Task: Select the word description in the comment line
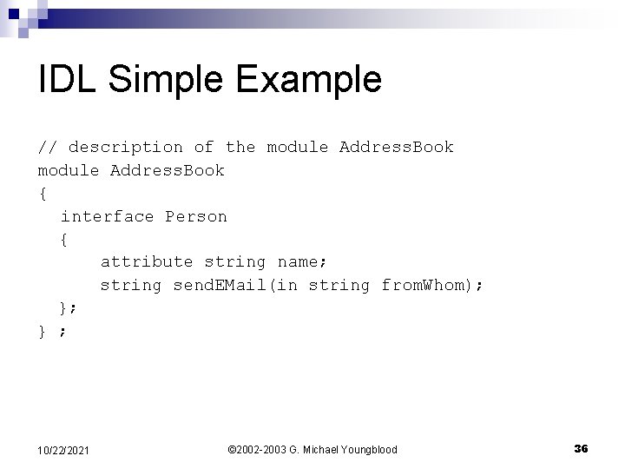[x=126, y=147]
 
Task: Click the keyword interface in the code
[x=107, y=216]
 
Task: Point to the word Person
[x=196, y=216]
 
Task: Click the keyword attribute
[x=147, y=261]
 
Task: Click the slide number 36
[x=581, y=448]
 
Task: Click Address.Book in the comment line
[x=397, y=147]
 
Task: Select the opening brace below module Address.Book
[x=43, y=193]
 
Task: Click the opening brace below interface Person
[x=64, y=239]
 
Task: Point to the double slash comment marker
[x=48, y=147]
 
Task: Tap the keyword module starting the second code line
[x=69, y=170]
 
